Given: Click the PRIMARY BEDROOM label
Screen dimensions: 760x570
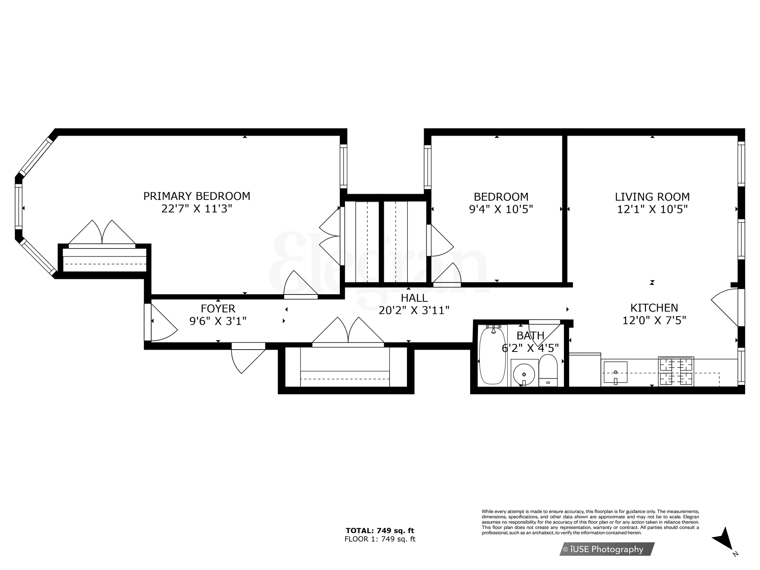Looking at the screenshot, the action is pos(197,196).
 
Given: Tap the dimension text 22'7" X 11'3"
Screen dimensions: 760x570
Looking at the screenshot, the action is pos(197,209).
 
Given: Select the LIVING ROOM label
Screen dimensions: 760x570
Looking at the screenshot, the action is pos(652,197).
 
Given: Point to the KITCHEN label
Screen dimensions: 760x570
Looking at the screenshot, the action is pos(654,307).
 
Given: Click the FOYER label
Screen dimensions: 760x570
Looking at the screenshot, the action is pos(218,308).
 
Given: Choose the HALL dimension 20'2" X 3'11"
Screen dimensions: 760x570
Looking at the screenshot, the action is pos(414,310).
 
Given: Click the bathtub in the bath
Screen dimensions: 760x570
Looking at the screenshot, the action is pos(492,355).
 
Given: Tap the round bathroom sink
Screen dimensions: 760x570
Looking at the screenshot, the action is pos(524,374).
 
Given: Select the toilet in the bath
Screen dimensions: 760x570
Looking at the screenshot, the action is pos(548,370).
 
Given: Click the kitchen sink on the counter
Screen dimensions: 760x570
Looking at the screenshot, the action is pos(615,372).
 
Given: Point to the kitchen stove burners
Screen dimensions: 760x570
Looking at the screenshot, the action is pos(676,372).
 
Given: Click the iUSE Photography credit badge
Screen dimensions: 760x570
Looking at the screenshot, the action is pos(607,549).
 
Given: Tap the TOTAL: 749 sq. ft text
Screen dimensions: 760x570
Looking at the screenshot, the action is pos(380,530).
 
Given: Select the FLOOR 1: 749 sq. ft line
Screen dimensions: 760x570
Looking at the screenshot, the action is pos(380,539).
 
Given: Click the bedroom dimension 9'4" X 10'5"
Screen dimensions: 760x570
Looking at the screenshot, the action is pos(501,209).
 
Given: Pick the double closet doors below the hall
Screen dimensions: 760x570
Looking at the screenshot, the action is pos(348,331).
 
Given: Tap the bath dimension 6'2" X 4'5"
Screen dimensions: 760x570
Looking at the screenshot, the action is pos(530,348).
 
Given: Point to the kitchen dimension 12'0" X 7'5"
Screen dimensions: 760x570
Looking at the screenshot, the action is pos(654,320).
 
